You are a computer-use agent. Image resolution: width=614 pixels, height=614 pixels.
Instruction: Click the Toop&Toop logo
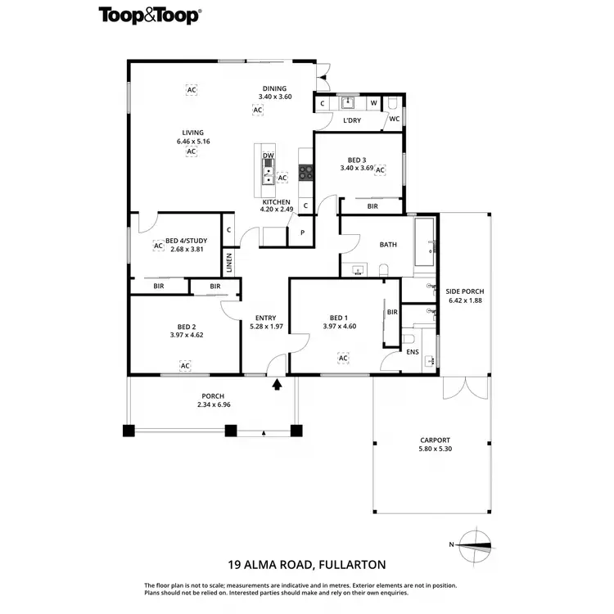click(x=151, y=15)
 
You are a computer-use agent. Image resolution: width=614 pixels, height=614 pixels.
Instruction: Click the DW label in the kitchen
click(x=268, y=156)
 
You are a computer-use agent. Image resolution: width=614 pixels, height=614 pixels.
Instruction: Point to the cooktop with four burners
click(x=306, y=172)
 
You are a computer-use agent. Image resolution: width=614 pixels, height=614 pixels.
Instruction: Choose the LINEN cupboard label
click(x=229, y=264)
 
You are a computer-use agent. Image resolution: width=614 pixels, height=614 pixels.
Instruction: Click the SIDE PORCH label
click(x=464, y=291)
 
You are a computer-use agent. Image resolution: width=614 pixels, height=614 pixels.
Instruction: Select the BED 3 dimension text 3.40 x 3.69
click(x=357, y=169)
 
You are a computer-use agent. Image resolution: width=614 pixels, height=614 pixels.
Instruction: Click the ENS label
click(x=413, y=353)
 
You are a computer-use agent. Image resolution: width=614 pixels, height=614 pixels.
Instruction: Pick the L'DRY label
click(x=352, y=120)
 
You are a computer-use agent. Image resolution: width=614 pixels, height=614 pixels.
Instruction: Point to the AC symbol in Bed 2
click(x=185, y=365)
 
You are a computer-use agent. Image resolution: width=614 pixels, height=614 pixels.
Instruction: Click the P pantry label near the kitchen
click(x=302, y=233)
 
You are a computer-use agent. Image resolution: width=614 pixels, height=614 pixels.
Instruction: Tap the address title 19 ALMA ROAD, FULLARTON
click(x=306, y=564)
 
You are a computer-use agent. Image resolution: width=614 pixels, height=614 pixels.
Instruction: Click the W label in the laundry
click(x=373, y=103)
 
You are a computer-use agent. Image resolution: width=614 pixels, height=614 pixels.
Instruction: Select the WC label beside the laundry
click(x=394, y=119)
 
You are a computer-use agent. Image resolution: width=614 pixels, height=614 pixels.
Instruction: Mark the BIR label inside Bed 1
click(x=392, y=312)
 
